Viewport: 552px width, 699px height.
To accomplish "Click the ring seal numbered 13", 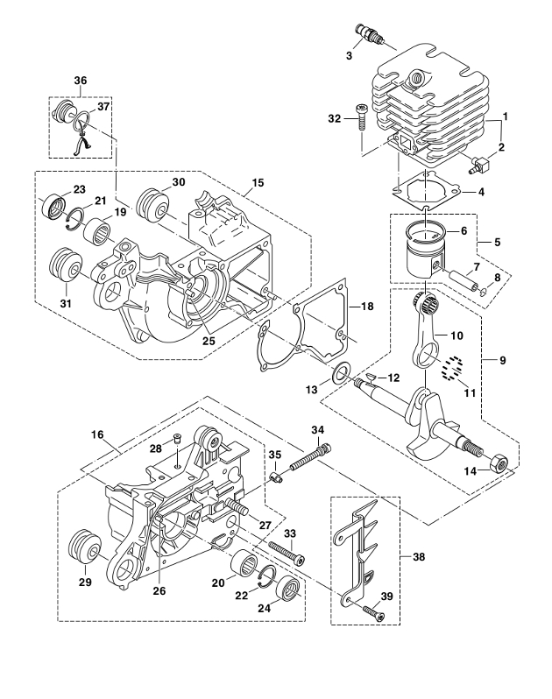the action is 341,373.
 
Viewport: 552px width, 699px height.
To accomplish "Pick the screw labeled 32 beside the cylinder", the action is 360,116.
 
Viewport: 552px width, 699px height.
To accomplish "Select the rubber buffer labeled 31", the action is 65,266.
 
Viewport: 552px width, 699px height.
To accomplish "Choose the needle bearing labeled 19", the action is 98,232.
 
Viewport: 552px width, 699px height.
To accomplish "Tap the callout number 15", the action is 258,182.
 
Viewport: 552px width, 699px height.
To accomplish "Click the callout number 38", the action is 419,556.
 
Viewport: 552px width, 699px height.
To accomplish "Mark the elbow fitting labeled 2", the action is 480,165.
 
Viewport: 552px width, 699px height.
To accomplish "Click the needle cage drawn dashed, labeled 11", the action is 451,368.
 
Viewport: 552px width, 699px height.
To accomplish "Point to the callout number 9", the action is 503,360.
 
